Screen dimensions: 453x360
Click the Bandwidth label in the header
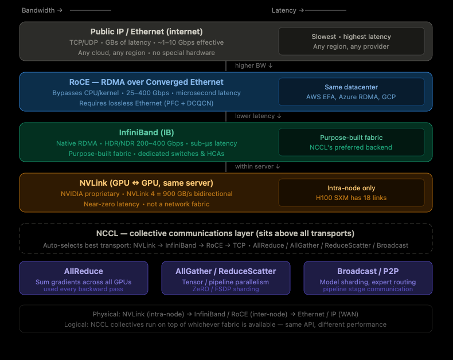point(38,10)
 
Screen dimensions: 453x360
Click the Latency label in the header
point(284,10)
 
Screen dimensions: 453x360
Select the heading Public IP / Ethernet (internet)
point(146,32)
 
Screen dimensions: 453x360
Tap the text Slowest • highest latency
point(351,37)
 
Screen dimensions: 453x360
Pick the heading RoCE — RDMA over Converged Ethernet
point(146,82)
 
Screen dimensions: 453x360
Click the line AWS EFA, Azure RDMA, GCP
point(351,97)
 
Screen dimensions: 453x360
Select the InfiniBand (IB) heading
point(146,132)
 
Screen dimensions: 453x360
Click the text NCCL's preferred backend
point(351,147)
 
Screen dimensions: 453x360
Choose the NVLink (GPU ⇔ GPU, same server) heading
point(146,183)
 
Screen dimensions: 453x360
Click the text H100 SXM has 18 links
point(351,198)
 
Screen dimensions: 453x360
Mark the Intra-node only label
point(351,188)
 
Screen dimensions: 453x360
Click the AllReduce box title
point(84,271)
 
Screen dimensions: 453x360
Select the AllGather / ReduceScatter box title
point(225,271)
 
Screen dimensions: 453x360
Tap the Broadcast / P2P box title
point(368,271)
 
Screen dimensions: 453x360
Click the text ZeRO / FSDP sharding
point(225,289)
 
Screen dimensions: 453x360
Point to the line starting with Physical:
point(225,314)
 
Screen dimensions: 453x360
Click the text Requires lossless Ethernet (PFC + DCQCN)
point(146,103)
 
